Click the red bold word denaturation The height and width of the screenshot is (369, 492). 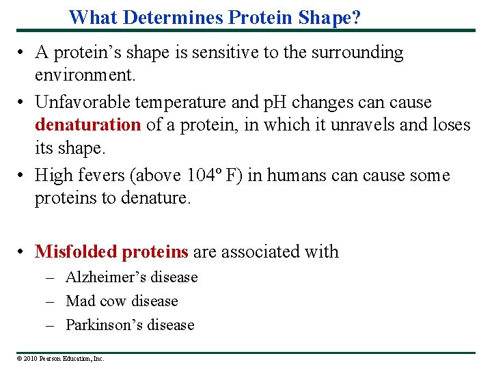[x=87, y=125]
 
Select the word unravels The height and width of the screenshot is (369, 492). [x=359, y=125]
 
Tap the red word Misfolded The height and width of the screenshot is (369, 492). [x=76, y=252]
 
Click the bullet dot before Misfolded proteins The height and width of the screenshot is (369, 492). [x=23, y=252]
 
